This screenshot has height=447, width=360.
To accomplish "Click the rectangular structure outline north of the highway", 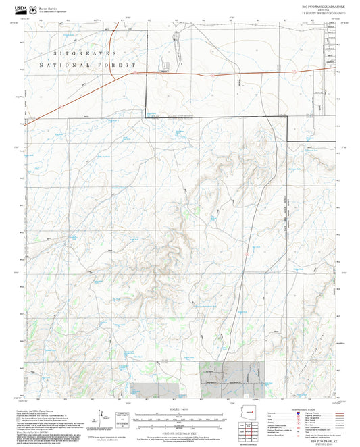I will pos(164,65).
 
